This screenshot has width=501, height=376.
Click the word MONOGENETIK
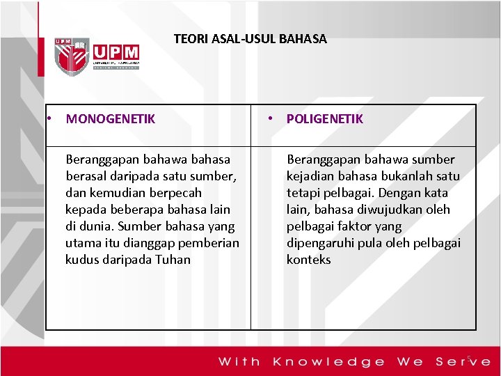click(111, 119)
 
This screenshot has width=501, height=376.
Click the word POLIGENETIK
click(324, 119)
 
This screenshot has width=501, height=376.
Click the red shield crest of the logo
click(72, 56)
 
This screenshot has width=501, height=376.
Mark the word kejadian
click(310, 176)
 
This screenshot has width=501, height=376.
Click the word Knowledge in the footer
click(328, 361)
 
